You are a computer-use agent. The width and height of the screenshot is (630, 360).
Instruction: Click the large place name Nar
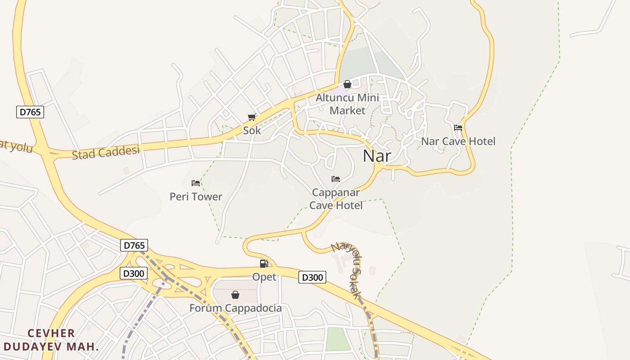click(377, 156)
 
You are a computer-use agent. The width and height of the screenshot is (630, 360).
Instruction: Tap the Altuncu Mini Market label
click(347, 104)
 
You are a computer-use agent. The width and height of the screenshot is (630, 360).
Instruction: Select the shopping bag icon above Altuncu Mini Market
click(347, 84)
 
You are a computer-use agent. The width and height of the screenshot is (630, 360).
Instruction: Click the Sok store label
click(252, 130)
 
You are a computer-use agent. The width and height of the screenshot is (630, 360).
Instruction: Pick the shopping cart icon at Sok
click(252, 117)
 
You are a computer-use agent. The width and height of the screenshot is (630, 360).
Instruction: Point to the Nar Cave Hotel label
click(458, 141)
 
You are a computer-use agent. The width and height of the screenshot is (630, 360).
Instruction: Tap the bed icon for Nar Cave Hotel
click(458, 128)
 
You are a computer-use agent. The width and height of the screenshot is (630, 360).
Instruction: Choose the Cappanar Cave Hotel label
click(336, 199)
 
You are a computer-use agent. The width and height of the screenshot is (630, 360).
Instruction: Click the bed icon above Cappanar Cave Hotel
click(335, 179)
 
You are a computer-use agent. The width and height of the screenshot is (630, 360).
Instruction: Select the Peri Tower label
click(196, 197)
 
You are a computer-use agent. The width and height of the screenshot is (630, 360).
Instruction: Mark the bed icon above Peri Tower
click(195, 183)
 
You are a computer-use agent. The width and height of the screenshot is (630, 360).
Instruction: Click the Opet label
click(264, 277)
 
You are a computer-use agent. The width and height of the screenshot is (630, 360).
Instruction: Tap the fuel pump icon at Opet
click(264, 264)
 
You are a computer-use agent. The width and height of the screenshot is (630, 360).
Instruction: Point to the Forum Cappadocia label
click(235, 308)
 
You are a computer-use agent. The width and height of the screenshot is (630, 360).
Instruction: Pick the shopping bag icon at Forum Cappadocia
click(235, 295)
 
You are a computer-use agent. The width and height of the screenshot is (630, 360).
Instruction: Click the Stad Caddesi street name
click(106, 152)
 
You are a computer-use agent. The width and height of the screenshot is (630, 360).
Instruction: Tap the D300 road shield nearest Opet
click(312, 277)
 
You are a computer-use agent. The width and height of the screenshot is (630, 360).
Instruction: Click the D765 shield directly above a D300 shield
click(134, 245)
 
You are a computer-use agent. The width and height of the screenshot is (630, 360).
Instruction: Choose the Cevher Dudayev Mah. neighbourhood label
click(51, 340)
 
